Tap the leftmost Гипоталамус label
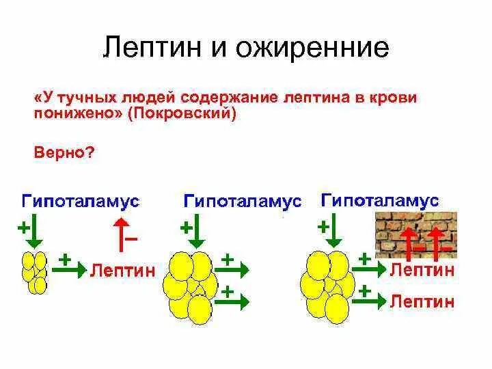81,202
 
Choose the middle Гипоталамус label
242,202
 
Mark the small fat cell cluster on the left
35,272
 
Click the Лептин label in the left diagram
122,270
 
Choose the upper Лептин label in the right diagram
421,270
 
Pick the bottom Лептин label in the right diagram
421,301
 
